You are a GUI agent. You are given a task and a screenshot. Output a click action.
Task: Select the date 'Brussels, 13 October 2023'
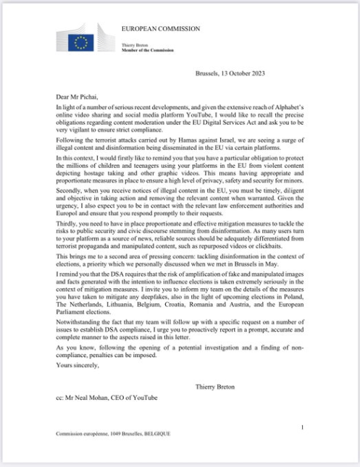234,74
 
